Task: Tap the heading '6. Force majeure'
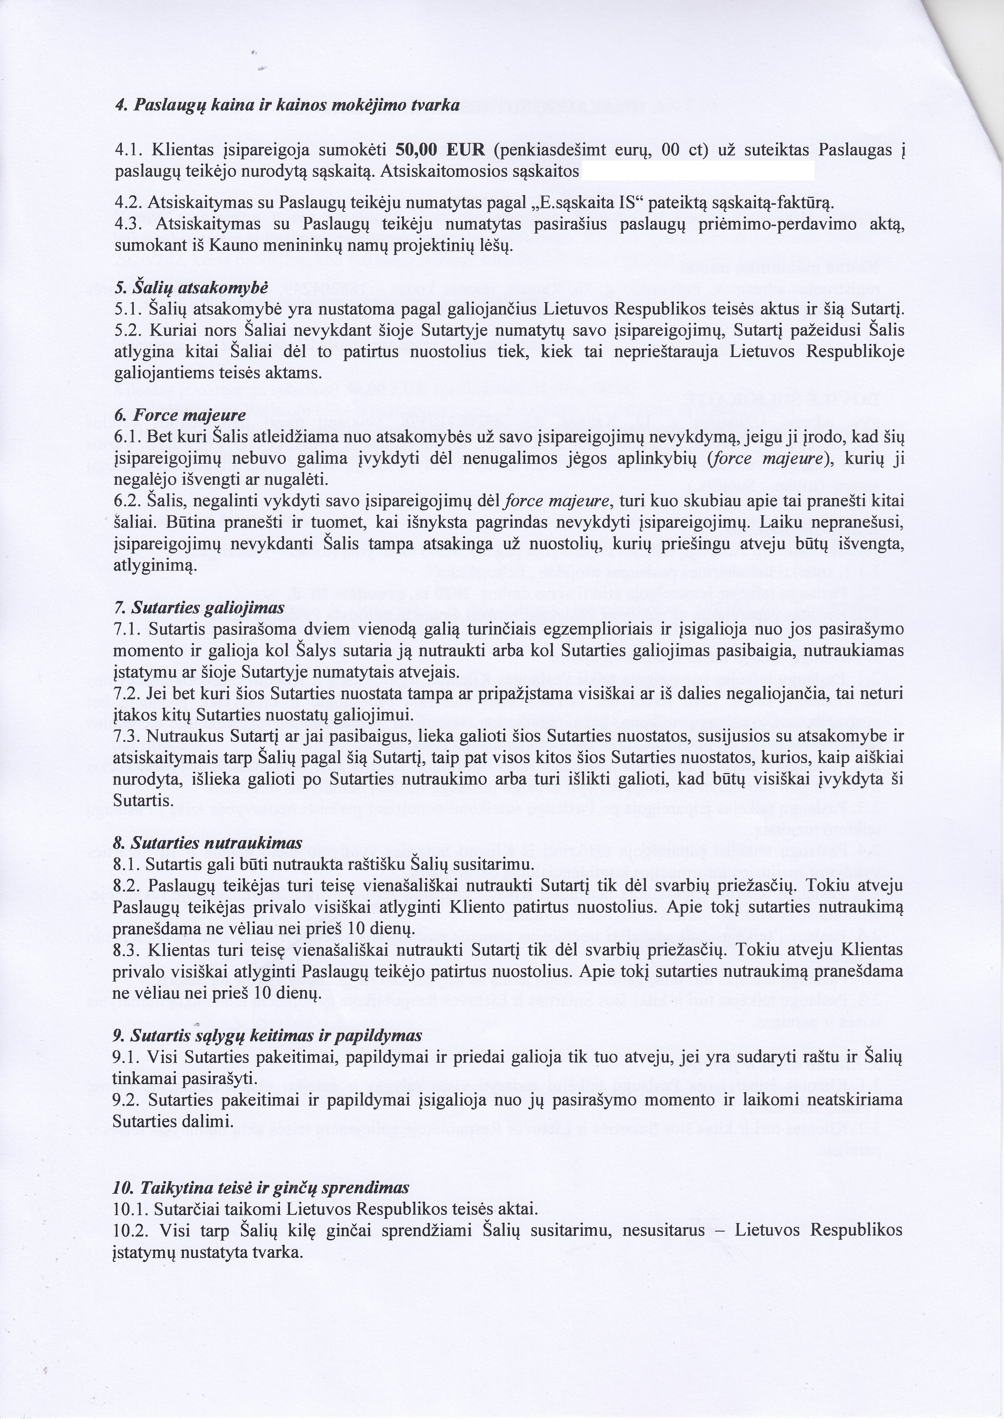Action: (x=181, y=415)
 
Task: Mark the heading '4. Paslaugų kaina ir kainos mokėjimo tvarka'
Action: (x=287, y=105)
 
